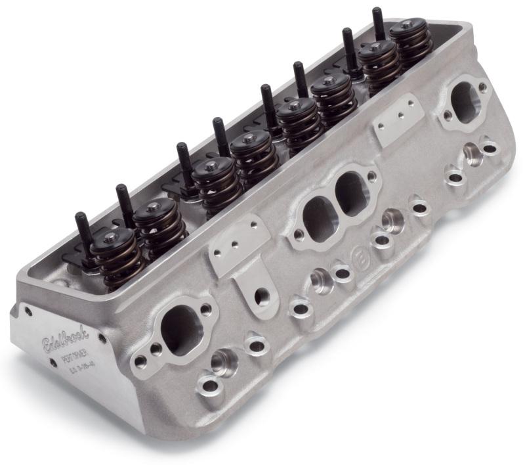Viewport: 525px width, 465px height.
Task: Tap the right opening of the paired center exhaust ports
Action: pos(352,193)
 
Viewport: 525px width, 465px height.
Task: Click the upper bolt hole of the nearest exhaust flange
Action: pos(206,309)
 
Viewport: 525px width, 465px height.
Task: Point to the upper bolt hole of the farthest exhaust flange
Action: pos(483,85)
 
